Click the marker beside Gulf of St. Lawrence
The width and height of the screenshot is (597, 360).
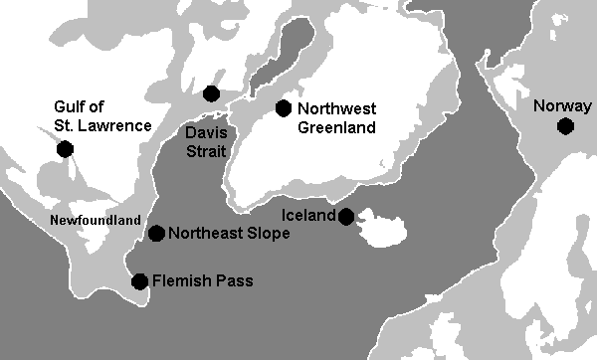66,149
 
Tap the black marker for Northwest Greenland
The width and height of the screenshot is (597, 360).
284,107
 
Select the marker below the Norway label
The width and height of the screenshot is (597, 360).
565,126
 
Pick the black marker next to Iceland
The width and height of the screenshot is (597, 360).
346,216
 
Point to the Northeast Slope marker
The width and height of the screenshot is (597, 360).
156,233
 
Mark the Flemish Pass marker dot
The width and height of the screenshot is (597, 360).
140,281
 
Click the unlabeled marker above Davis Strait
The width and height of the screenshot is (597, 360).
211,93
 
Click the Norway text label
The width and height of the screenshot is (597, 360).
555,106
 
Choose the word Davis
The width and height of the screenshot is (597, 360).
203,133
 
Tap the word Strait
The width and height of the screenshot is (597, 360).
204,151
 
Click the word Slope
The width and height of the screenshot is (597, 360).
268,234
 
